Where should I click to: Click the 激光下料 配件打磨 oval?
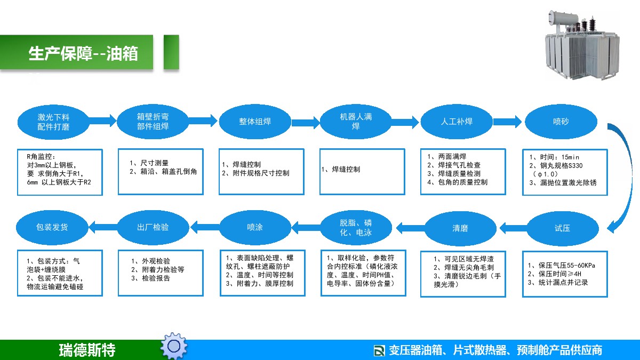53,122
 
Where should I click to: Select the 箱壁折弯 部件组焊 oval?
153,122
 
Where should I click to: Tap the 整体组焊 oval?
255,122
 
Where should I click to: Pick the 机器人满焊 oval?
356,122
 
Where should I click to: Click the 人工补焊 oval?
457,122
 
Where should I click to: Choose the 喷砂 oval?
561,122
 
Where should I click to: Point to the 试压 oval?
562,228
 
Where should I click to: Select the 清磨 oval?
460,228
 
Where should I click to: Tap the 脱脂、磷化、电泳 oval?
356,228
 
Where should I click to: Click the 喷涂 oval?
255,227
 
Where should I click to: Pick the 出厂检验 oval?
153,227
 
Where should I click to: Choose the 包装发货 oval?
52,227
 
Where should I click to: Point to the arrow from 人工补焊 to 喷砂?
507,122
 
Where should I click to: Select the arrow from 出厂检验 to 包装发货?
103,227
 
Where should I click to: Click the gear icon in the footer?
174,346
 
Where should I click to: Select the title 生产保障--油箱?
83,53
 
